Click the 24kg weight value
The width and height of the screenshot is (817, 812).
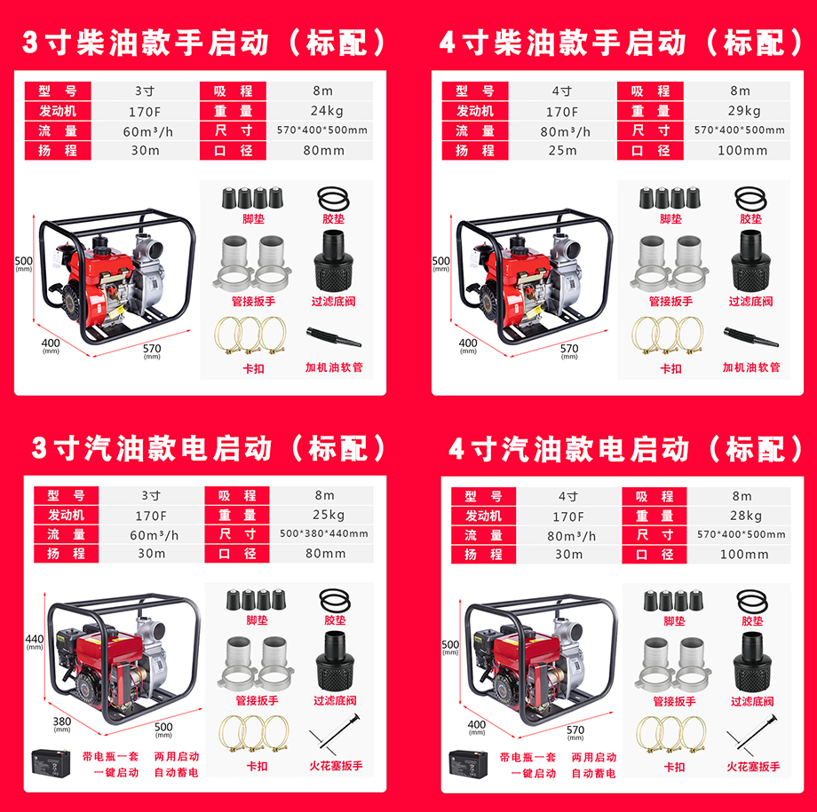[x=327, y=111]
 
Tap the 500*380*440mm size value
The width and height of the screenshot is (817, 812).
[x=323, y=533]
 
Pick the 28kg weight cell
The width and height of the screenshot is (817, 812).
[x=746, y=516]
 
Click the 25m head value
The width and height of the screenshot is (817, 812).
[x=563, y=151]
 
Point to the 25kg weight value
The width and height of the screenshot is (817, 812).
[x=329, y=515]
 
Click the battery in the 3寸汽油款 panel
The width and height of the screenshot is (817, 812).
[x=51, y=762]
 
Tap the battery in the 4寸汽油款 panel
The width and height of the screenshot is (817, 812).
[x=468, y=763]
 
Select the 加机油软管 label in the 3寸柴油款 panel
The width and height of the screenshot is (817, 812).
[x=334, y=367]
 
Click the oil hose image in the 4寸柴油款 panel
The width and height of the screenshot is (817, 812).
[x=750, y=337]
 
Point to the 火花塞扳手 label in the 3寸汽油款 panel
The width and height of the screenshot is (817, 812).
[x=336, y=766]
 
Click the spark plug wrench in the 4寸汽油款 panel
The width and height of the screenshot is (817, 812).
[x=752, y=735]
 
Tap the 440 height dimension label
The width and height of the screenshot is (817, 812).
[x=35, y=639]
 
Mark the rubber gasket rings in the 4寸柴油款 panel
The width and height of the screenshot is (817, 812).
[x=750, y=199]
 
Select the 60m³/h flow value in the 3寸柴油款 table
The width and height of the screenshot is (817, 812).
[x=147, y=131]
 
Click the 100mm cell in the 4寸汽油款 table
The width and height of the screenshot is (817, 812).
[x=744, y=554]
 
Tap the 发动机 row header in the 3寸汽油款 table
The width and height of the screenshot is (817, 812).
[x=67, y=515]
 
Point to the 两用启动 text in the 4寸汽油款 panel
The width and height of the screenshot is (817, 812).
[x=593, y=757]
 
